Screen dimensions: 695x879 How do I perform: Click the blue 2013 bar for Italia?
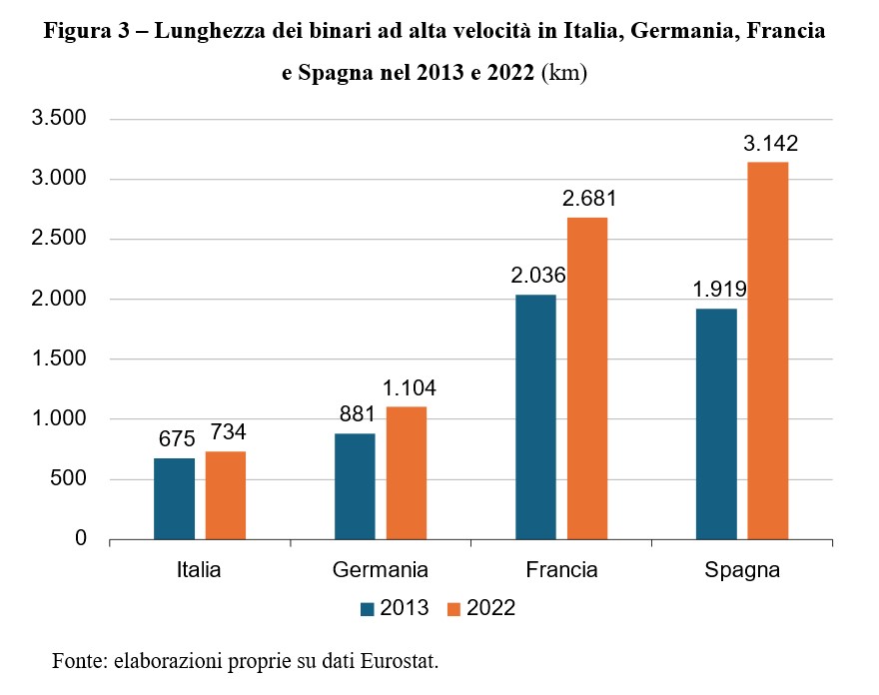coord(174,498)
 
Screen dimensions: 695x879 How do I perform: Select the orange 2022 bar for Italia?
coord(226,495)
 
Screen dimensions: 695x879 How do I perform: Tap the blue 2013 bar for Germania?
coord(355,486)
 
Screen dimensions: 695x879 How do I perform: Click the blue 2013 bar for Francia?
coord(535,416)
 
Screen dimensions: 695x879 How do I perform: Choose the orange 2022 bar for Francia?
coord(587,378)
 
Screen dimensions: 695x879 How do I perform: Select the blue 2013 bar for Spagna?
coord(716,423)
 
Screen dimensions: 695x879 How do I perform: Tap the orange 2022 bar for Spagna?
coord(768,350)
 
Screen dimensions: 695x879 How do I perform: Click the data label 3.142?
coord(769,144)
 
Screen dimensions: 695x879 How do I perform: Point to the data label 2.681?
coord(588,200)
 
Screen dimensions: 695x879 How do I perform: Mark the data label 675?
coord(175,439)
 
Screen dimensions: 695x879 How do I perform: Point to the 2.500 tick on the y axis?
coord(60,240)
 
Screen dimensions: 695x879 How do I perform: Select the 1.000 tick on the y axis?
coord(60,419)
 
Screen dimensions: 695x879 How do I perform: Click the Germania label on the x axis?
coord(381,571)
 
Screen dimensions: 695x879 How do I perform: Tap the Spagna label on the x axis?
coord(742,571)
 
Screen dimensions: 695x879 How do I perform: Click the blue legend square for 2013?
coord(368,607)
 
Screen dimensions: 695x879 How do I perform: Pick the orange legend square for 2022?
coord(454,607)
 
